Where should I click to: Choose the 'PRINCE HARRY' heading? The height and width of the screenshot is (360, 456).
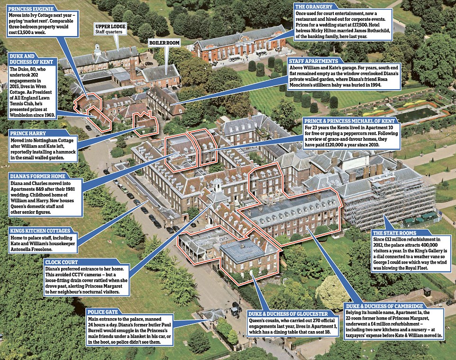(x=26, y=134)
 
